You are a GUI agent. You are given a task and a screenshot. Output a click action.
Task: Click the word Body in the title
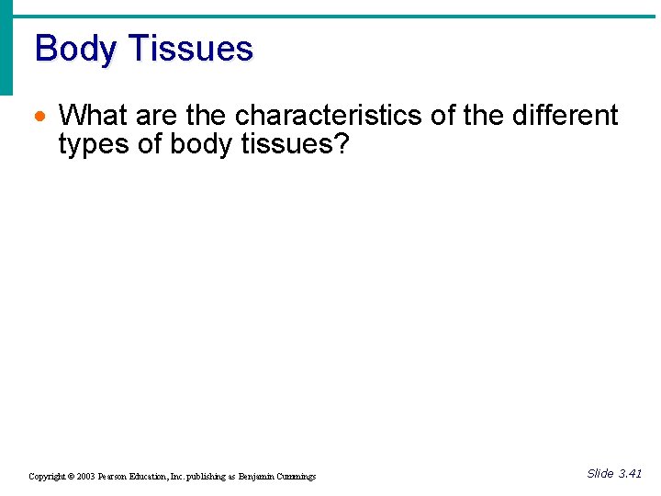coord(75,48)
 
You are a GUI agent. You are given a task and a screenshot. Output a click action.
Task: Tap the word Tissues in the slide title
coord(190,48)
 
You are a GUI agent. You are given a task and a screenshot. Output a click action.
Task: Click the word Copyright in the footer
coord(46,476)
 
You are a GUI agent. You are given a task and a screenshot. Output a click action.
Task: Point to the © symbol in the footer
coord(70,476)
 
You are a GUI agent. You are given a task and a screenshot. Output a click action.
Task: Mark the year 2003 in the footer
coord(84,476)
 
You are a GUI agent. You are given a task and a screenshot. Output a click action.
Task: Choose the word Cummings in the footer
coord(297,476)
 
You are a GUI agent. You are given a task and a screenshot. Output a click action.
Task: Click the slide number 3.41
coord(630,473)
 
